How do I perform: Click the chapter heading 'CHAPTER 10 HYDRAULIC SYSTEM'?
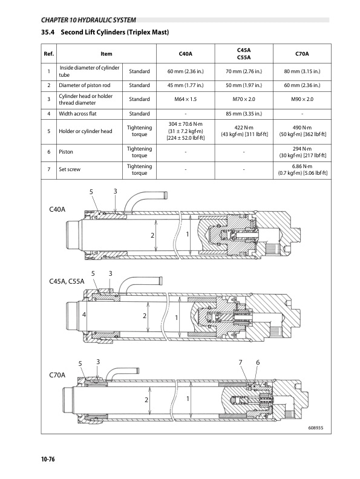[88, 20]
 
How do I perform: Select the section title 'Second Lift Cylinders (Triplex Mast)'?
[114, 32]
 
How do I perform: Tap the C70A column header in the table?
[302, 54]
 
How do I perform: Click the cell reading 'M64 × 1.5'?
[186, 99]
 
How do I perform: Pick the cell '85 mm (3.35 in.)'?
[244, 114]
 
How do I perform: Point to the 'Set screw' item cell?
[70, 169]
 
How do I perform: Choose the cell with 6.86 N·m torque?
[303, 169]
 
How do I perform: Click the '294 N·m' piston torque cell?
[303, 152]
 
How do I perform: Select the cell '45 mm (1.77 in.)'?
[186, 85]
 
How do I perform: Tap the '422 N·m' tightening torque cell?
[244, 131]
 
